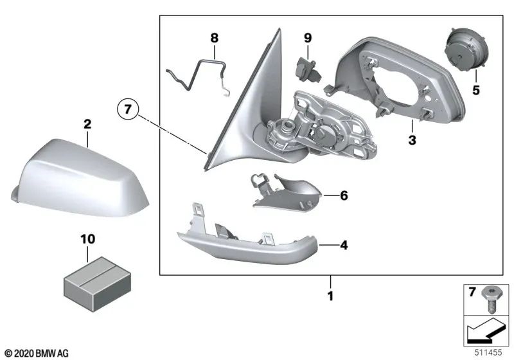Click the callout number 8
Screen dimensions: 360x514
214,39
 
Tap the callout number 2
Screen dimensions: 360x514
87,123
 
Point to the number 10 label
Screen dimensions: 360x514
87,239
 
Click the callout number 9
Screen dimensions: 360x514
307,39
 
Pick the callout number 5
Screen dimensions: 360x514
476,91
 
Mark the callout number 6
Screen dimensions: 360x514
344,195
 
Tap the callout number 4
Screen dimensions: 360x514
344,245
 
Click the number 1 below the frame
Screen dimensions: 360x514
331,297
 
